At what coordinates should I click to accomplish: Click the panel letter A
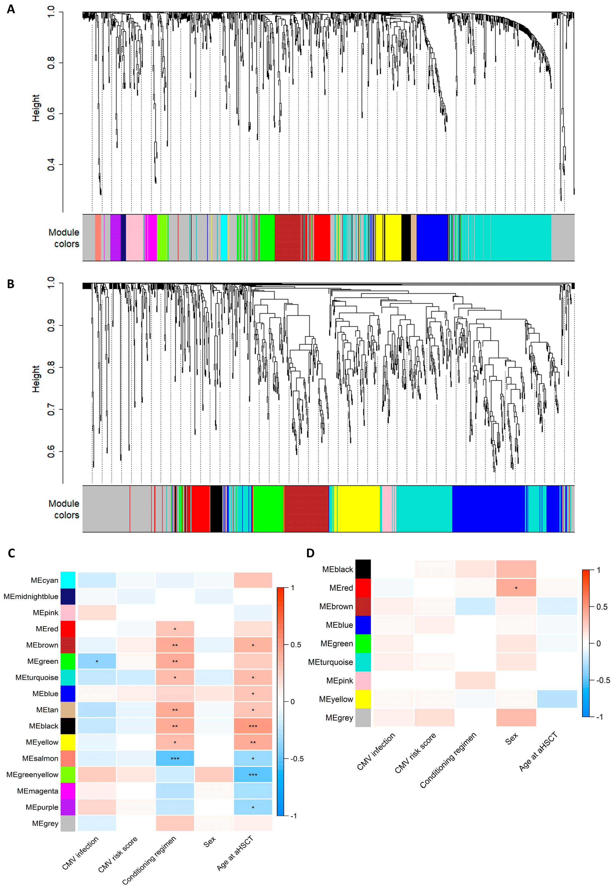[x=11, y=9]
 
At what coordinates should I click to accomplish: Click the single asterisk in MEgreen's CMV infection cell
[x=97, y=661]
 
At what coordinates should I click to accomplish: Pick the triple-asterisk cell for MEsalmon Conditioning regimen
[x=175, y=759]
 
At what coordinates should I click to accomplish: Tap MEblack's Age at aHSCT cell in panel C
[x=253, y=726]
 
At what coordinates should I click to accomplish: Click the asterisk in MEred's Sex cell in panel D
[x=516, y=588]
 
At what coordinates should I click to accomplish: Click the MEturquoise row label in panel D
[x=330, y=662]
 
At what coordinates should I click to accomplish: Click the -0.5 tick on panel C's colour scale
[x=297, y=759]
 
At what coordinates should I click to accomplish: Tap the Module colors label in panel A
[x=64, y=238]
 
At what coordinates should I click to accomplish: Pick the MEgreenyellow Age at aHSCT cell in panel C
[x=253, y=775]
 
